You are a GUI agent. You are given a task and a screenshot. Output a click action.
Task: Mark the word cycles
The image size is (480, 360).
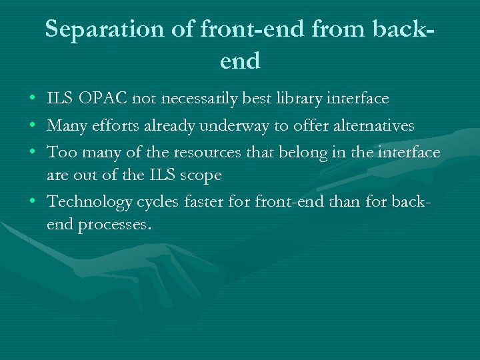point(156,202)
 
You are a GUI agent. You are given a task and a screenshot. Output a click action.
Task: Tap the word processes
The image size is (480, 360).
point(115,225)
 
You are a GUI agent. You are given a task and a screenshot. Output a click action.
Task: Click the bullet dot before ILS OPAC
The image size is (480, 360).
point(33,99)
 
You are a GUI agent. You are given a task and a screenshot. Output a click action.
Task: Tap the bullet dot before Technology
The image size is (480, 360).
point(33,202)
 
